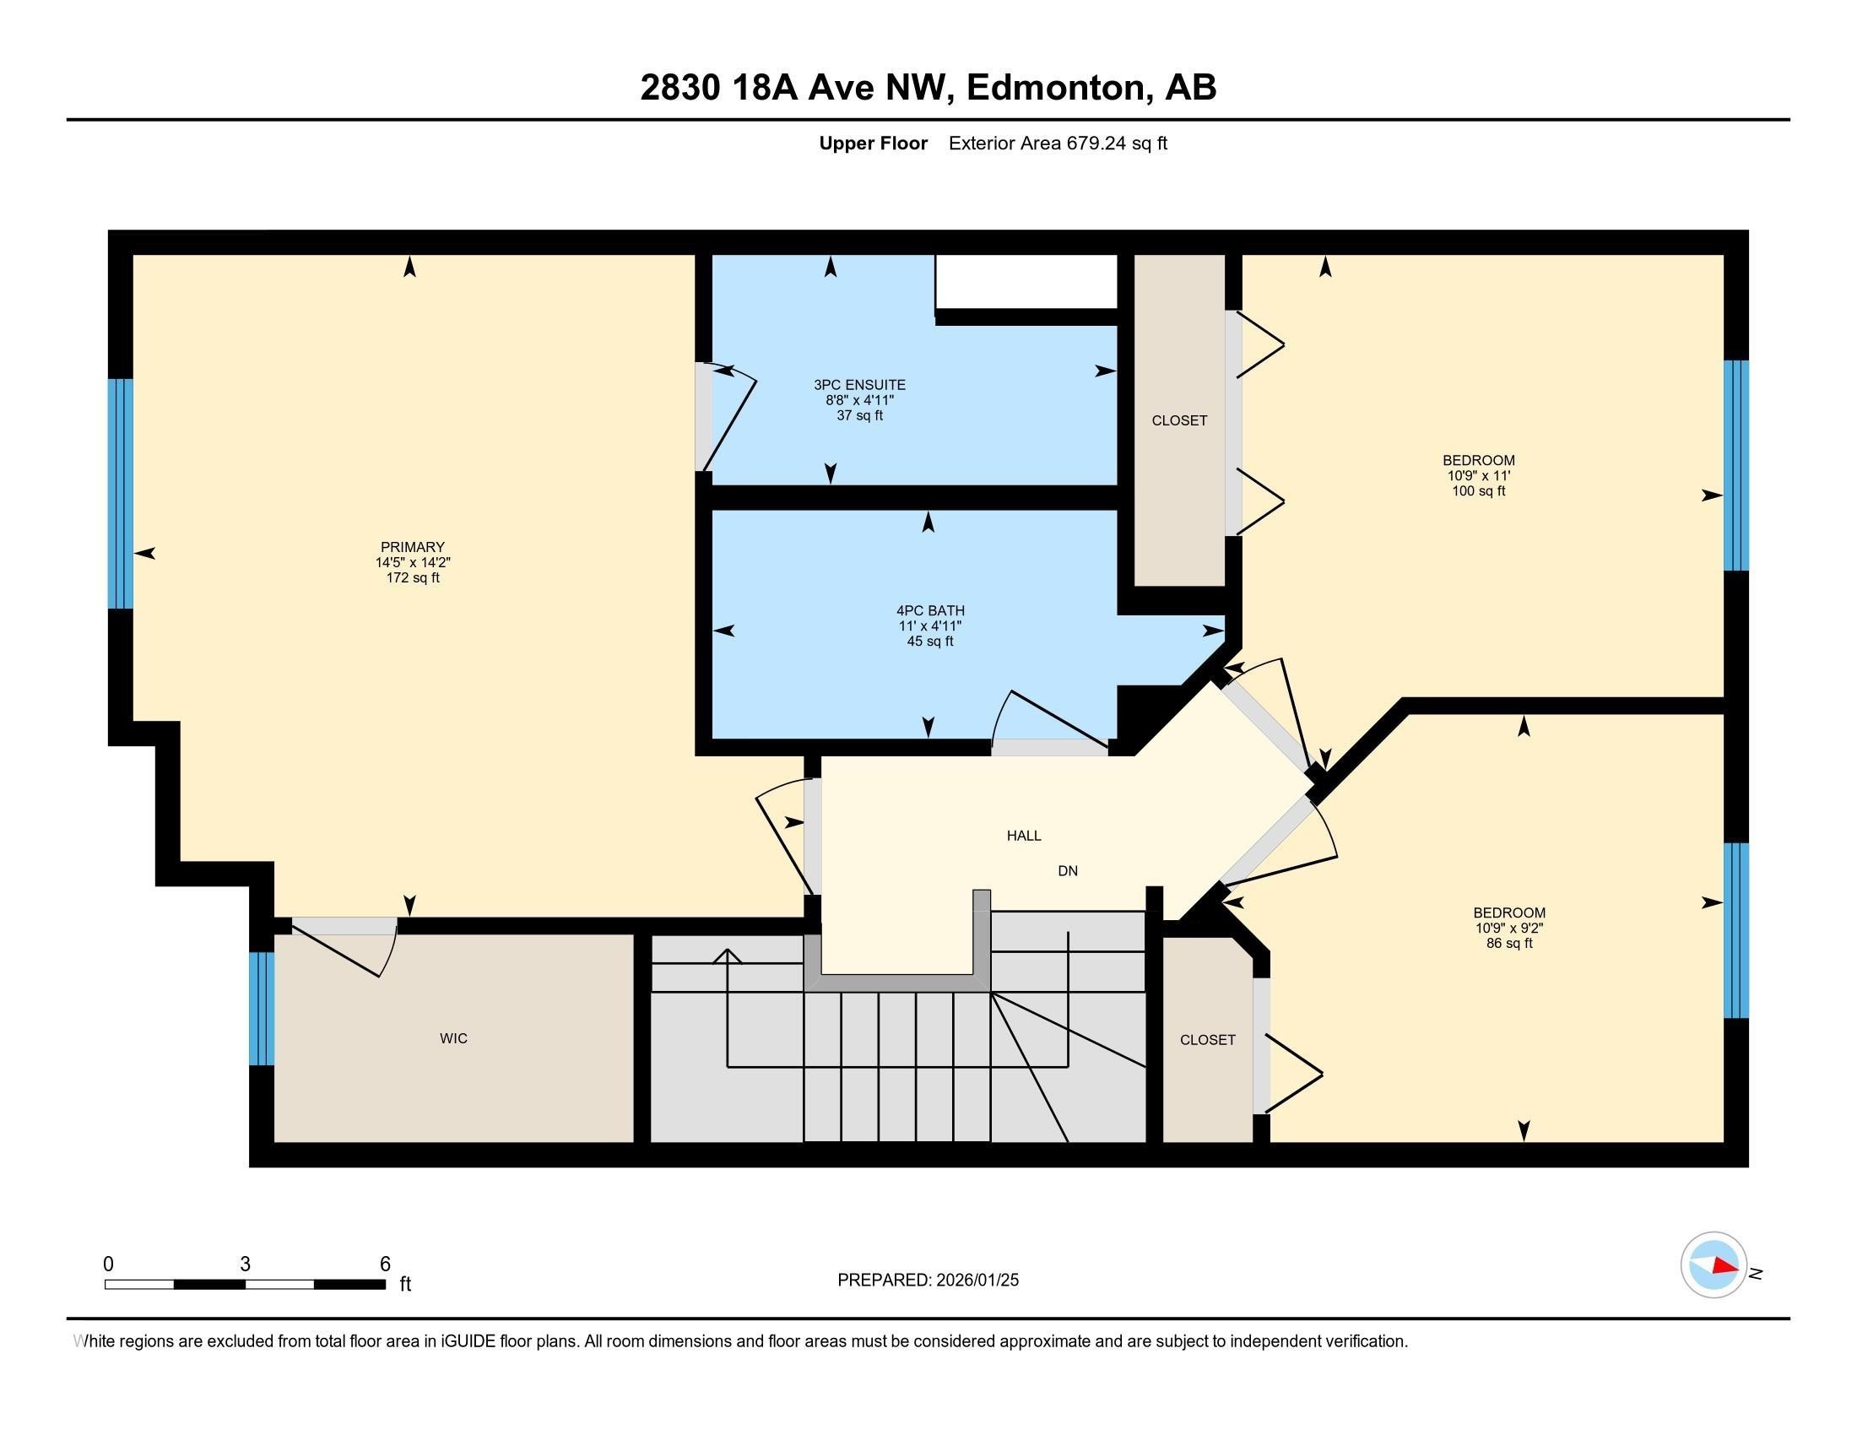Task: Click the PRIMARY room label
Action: (x=413, y=547)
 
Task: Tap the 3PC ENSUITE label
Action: (x=859, y=385)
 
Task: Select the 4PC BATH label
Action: (x=930, y=610)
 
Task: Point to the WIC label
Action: (x=453, y=1038)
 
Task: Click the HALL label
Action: (x=1024, y=836)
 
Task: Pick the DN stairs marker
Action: (x=1068, y=870)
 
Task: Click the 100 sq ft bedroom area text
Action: (x=1479, y=490)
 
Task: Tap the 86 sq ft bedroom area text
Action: (x=1509, y=943)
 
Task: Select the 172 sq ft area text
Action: (x=413, y=577)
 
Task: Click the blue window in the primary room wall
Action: (x=121, y=494)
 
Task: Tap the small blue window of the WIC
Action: (x=262, y=1008)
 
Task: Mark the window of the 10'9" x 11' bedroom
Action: (x=1735, y=465)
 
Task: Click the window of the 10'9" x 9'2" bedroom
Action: (x=1735, y=930)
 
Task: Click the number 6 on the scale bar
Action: (x=385, y=1264)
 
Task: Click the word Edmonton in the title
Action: (x=1055, y=87)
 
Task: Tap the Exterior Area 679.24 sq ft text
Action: (x=1058, y=143)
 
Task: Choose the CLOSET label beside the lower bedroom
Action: (x=1207, y=1040)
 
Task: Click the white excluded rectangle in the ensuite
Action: (x=1026, y=281)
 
